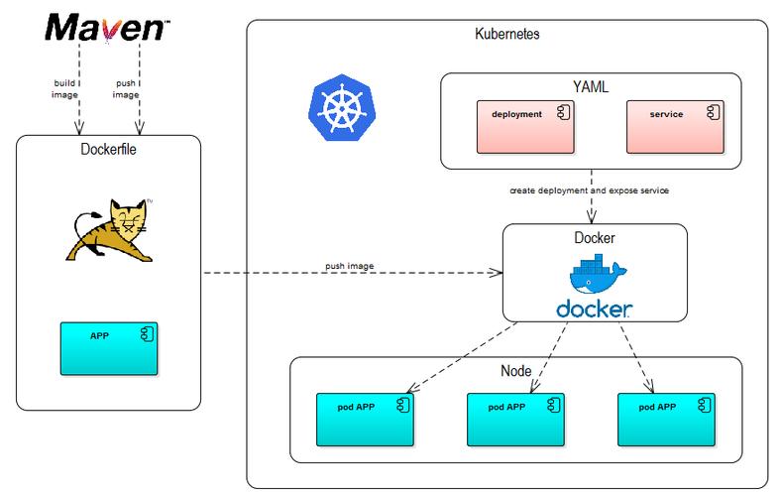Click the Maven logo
click(x=107, y=28)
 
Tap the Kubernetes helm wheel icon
click(x=342, y=107)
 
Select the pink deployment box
click(x=525, y=127)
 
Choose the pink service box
click(x=675, y=127)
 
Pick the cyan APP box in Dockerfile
click(x=109, y=348)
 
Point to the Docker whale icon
click(x=598, y=274)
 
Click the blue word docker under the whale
click(x=595, y=309)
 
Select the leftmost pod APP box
click(x=365, y=420)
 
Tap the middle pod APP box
click(x=515, y=420)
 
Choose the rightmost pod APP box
click(x=666, y=420)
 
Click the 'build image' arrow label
click(x=64, y=88)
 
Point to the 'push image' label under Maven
click(x=126, y=88)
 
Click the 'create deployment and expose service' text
click(x=590, y=190)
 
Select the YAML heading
click(x=591, y=86)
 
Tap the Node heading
click(x=515, y=371)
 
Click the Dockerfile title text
click(x=108, y=149)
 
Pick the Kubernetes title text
click(x=507, y=34)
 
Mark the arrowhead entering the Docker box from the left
click(x=497, y=273)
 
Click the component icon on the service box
click(x=714, y=112)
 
